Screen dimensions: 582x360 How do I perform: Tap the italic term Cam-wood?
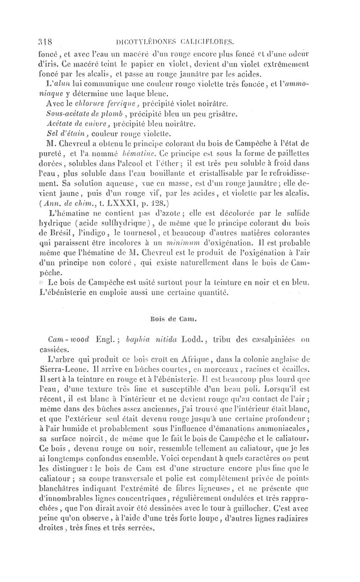coord(70,338)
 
